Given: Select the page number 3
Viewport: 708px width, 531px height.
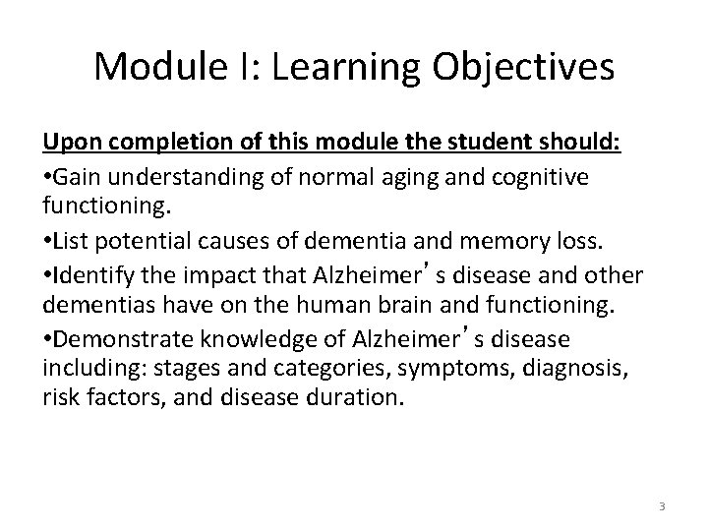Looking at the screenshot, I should click(x=662, y=505).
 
